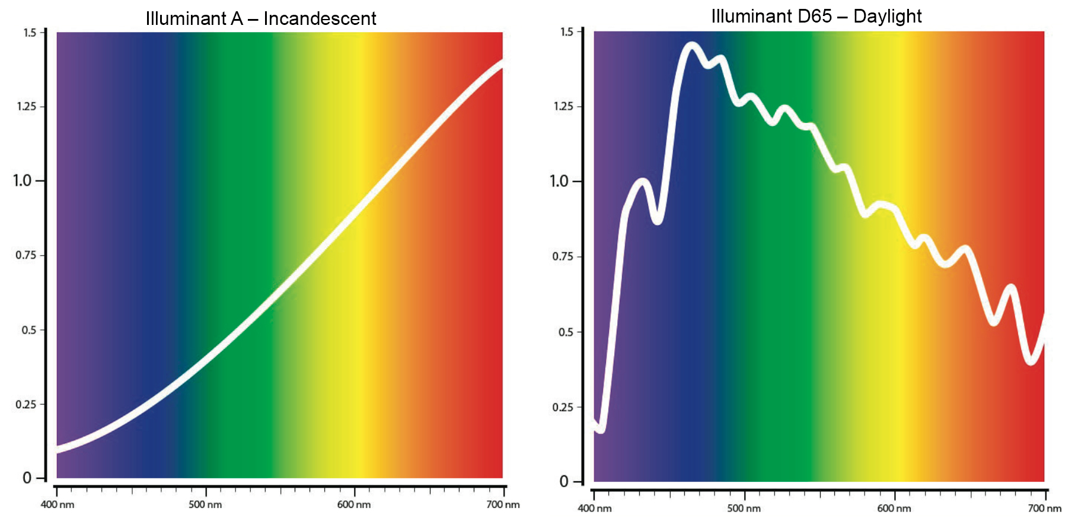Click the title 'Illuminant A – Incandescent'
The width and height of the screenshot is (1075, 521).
tap(261, 18)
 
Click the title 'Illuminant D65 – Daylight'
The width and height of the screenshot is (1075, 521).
tap(816, 16)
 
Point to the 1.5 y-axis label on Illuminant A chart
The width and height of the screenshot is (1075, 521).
tap(30, 33)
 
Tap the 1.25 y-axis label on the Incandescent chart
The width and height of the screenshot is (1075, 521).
tap(27, 106)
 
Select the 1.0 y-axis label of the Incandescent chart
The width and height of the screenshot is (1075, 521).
tap(23, 180)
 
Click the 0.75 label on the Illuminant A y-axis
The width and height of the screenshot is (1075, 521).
tap(26, 255)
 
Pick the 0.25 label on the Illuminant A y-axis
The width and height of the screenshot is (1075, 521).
tap(26, 404)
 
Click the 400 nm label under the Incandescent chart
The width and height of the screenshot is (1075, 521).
tap(58, 504)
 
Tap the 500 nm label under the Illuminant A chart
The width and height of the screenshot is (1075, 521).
tap(205, 504)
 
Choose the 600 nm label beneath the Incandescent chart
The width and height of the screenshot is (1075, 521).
tap(354, 504)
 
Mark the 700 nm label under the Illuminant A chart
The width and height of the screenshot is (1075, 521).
tap(503, 504)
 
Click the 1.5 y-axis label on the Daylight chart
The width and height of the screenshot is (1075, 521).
tap(567, 31)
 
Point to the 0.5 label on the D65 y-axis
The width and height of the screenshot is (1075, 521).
tap(566, 332)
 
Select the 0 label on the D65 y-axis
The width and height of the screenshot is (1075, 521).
tap(564, 481)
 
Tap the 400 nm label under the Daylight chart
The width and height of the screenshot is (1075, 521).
tap(595, 508)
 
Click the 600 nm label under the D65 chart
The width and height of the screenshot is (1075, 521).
tap(894, 508)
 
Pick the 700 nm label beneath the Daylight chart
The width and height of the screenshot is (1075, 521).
tap(1044, 508)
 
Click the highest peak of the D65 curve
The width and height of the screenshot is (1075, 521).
tap(691, 46)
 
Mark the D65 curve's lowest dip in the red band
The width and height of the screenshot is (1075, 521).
tap(1031, 360)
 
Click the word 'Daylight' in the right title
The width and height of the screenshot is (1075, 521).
tap(887, 16)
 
